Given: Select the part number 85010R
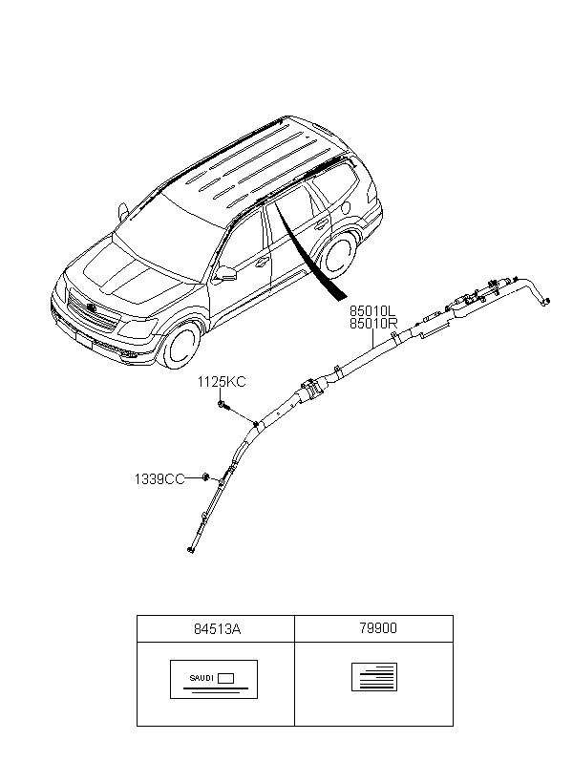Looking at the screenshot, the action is [373, 324].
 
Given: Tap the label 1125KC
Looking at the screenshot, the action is [222, 382].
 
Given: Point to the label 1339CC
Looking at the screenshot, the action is [159, 479].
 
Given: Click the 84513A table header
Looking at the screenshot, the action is [217, 628].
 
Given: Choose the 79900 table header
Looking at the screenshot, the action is [378, 628].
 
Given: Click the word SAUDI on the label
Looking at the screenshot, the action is [202, 678].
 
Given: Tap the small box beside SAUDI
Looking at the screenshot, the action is [225, 678].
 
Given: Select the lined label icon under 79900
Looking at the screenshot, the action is [374, 677].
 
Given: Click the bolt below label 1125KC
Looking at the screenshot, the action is [223, 405].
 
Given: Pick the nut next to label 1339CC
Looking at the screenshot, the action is [205, 476].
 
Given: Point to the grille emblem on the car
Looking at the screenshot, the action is [91, 307].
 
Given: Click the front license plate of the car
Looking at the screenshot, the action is [84, 340].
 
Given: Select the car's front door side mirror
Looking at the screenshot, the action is [225, 274].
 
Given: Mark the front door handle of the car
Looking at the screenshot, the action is [261, 263].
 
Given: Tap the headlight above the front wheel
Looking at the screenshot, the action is [138, 328].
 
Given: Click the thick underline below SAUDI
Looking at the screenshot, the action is [216, 688].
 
